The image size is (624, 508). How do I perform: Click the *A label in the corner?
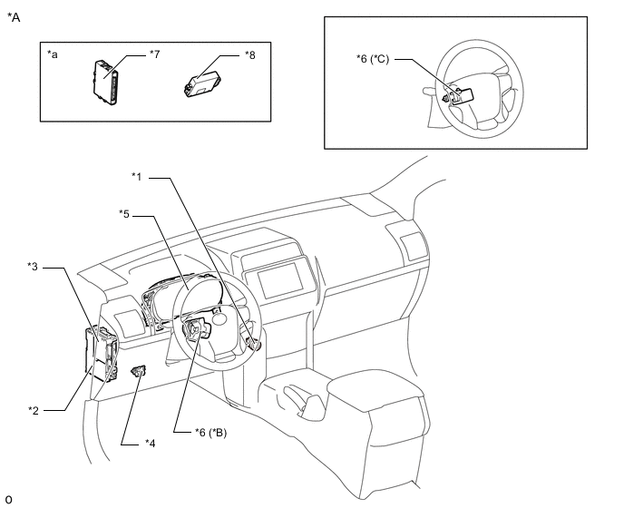click(14, 17)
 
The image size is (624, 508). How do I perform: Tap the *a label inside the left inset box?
click(52, 54)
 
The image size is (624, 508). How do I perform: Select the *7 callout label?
click(155, 54)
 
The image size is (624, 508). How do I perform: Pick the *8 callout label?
click(250, 55)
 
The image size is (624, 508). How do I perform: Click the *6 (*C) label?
click(373, 59)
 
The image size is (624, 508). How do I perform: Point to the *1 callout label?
click(137, 176)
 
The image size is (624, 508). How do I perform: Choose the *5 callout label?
click(124, 214)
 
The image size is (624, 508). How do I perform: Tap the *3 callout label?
click(33, 267)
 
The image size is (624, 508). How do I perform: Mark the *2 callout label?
click(34, 410)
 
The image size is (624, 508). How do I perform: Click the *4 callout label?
click(150, 443)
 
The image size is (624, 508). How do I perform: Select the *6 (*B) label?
click(211, 433)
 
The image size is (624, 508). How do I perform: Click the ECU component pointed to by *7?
click(105, 82)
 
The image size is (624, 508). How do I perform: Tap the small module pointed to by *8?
click(202, 84)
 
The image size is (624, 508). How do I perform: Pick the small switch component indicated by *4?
click(138, 371)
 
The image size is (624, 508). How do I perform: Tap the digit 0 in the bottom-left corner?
click(9, 499)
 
